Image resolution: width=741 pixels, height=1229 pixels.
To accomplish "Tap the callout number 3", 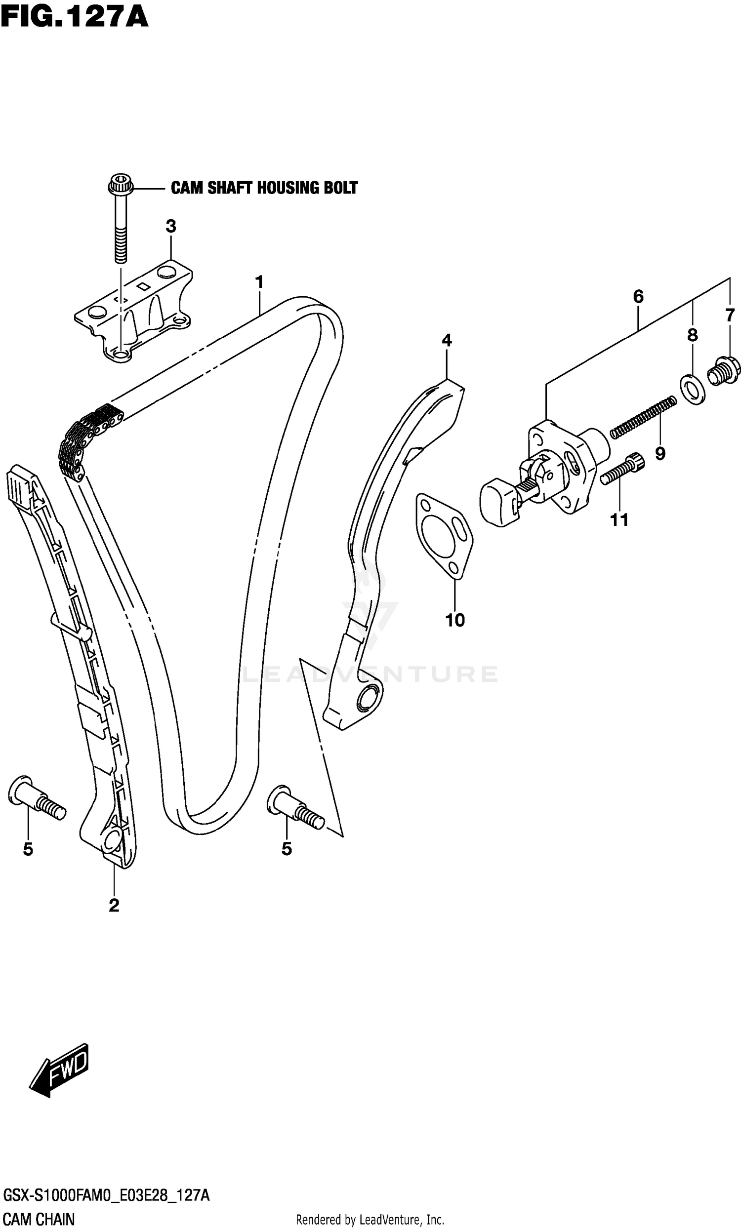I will [x=170, y=227].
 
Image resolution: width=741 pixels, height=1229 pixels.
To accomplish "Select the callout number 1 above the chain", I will [x=259, y=282].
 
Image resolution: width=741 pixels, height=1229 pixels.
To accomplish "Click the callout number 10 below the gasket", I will [x=454, y=620].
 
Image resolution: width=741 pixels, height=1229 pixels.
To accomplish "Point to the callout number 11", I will [x=619, y=520].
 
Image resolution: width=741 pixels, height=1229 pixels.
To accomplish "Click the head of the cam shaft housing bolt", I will [x=120, y=186].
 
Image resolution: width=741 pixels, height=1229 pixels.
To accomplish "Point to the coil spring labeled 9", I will [x=643, y=417].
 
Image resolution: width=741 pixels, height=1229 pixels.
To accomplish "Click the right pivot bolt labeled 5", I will [x=294, y=807].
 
